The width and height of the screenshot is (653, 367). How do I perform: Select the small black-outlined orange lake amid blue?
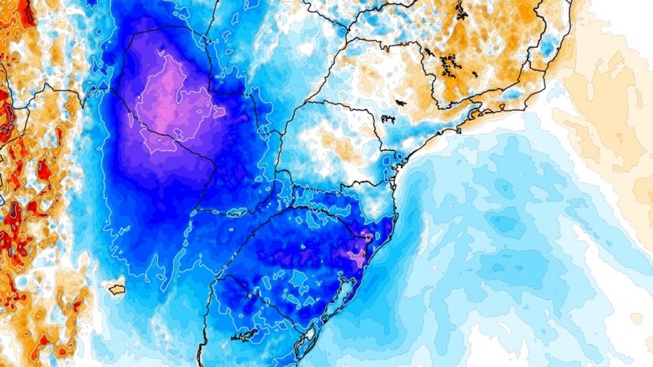pyautogui.click(x=116, y=289)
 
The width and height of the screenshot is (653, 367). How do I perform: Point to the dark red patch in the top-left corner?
pyautogui.click(x=26, y=13)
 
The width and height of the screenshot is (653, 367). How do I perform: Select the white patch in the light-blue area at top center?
pyautogui.click(x=307, y=48)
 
